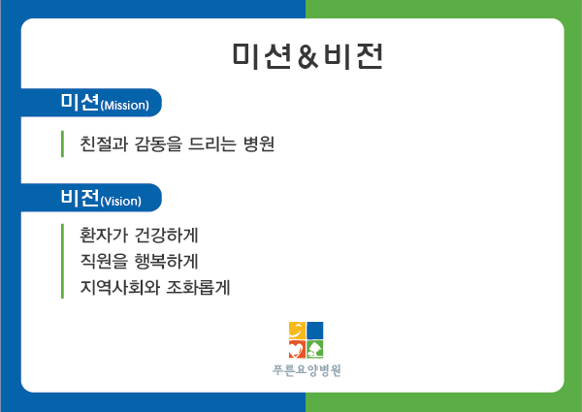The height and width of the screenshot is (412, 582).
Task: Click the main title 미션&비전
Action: pyautogui.click(x=307, y=56)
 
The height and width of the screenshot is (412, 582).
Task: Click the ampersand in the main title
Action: pyautogui.click(x=308, y=56)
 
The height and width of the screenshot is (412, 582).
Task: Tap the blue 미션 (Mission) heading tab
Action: pyautogui.click(x=91, y=103)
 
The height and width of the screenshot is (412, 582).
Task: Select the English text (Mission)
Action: pyautogui.click(x=125, y=106)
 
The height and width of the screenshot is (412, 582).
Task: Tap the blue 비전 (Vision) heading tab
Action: pyautogui.click(x=91, y=198)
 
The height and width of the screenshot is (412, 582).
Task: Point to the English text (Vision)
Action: pyautogui.click(x=121, y=201)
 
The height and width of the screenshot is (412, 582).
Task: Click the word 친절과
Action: pyautogui.click(x=104, y=143)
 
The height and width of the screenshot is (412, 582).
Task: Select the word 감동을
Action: pyautogui.click(x=158, y=143)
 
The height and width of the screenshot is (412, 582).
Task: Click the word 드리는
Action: pyautogui.click(x=211, y=143)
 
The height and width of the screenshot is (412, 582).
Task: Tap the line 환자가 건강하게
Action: pyautogui.click(x=139, y=236)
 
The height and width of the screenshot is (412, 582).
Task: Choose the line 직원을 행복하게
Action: pyautogui.click(x=139, y=261)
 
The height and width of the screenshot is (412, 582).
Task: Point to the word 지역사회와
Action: pyautogui.click(x=119, y=287)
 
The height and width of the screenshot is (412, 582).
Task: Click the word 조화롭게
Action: pyautogui.click(x=198, y=287)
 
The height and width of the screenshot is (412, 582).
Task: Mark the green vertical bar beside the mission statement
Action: pyautogui.click(x=62, y=143)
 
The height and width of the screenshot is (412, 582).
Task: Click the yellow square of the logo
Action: pyautogui.click(x=298, y=331)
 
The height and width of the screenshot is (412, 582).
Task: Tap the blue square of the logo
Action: pyautogui.click(x=315, y=331)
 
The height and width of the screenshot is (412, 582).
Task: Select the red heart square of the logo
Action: pyautogui.click(x=298, y=349)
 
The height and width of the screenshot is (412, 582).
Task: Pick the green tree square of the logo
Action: pyautogui.click(x=315, y=349)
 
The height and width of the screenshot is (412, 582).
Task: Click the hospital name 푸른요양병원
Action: pyautogui.click(x=307, y=370)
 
